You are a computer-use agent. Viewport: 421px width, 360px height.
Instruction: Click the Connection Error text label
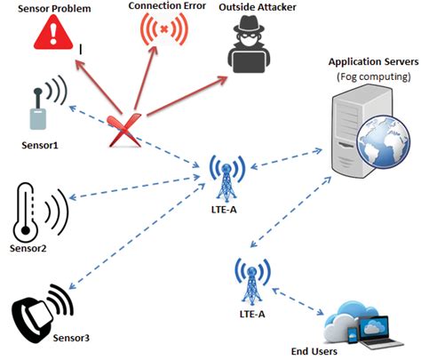coord(166,6)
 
